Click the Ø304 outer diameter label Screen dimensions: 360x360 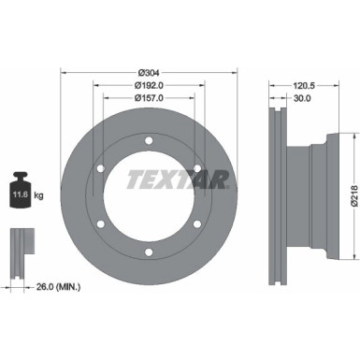pos(147,72)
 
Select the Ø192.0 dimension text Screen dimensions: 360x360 pos(147,84)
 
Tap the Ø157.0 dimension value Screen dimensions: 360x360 pos(147,96)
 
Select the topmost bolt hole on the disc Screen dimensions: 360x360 pos(147,141)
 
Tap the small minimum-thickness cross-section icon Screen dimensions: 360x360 pos(20,245)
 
